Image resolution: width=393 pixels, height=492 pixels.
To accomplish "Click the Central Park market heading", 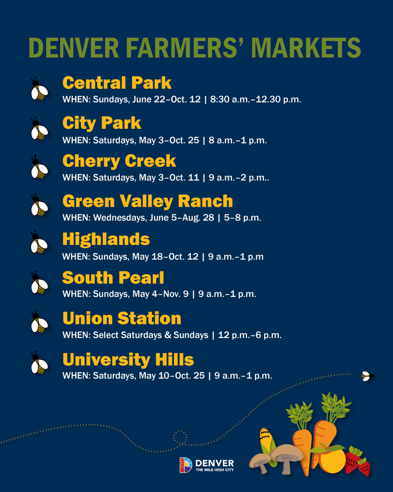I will point(117,83).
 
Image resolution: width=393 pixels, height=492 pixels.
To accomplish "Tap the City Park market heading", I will point(102,123).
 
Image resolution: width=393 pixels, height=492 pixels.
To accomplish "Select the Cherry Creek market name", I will point(119,161).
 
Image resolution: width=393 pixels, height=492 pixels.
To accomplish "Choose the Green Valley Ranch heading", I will point(147,201).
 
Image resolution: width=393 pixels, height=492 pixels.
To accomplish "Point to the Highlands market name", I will point(106,239).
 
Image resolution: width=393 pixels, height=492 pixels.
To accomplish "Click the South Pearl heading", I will point(113,278).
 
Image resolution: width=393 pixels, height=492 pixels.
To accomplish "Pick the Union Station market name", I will point(122,319).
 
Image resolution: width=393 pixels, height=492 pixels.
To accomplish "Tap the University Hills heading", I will point(128,360).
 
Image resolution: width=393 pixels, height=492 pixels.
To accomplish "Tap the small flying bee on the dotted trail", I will point(367,376).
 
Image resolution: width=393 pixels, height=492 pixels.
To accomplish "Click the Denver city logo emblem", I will point(186,465).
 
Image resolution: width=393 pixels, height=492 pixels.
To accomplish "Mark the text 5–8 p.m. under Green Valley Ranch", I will point(242,218).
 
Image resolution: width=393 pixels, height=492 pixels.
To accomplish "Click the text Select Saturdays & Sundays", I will point(151,335).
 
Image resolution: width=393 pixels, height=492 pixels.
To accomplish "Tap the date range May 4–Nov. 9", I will point(161,294).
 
